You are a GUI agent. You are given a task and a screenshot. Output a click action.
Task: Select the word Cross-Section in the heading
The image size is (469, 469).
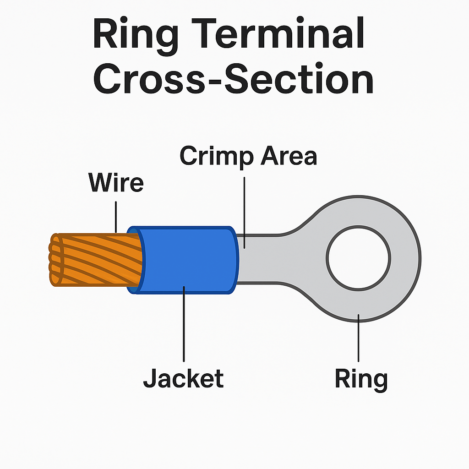click(x=234, y=81)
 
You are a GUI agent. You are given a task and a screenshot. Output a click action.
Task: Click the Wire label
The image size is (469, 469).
click(x=116, y=183)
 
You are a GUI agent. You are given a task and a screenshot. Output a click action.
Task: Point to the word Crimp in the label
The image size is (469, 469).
click(x=216, y=157)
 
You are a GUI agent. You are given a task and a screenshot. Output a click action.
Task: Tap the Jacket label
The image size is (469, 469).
click(x=183, y=379)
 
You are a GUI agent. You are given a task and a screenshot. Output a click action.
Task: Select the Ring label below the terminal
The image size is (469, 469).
click(x=361, y=379)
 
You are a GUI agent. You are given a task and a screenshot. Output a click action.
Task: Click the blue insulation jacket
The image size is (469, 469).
click(x=188, y=259)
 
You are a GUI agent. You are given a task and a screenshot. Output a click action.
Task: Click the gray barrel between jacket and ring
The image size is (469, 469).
click(x=261, y=259)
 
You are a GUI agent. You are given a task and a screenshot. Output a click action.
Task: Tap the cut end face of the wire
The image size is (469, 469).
click(x=55, y=260)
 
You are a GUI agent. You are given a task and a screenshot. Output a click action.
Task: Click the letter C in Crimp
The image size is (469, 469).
click(x=190, y=156)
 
